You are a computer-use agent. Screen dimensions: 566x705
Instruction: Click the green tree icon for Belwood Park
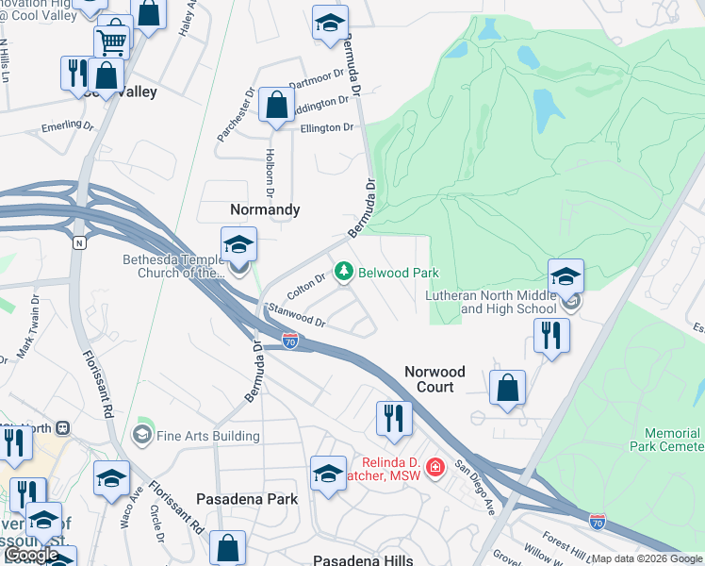[345, 272]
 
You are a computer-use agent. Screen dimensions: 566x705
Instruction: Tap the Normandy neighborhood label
[266, 209]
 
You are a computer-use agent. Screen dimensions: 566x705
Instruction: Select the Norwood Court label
[435, 379]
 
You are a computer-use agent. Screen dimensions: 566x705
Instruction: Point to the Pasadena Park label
[247, 499]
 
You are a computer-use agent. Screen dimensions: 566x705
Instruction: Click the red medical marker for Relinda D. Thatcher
[434, 467]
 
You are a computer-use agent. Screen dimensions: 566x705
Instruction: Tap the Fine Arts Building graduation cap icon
[141, 435]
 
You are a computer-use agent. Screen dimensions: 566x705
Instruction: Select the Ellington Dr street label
[327, 127]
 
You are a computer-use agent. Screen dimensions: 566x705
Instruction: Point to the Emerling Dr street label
[67, 125]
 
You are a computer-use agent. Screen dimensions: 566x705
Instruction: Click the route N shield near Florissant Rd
[80, 242]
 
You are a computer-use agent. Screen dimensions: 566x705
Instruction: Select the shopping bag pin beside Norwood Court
[508, 389]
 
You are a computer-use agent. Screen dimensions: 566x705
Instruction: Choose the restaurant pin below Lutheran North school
[551, 337]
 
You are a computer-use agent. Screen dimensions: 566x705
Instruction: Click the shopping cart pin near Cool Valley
[111, 40]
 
